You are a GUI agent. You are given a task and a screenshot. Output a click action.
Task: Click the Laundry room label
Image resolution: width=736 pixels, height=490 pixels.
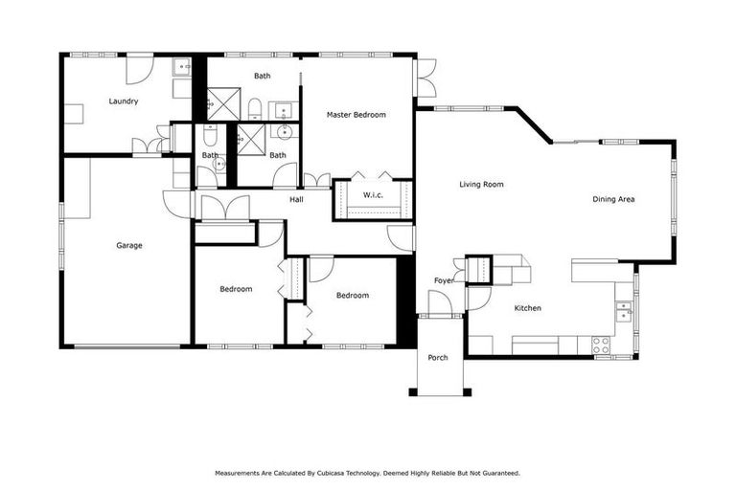[125, 100]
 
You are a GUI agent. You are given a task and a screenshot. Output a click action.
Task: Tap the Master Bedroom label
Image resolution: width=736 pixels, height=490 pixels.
[356, 115]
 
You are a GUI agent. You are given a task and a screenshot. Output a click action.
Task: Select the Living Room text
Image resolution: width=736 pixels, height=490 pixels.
[481, 184]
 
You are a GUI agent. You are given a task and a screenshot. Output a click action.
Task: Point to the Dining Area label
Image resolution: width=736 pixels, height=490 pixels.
[613, 199]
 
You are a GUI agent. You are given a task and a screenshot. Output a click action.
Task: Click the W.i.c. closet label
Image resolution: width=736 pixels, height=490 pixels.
[373, 195]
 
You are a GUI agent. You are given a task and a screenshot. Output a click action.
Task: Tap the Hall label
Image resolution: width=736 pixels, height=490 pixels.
[297, 200]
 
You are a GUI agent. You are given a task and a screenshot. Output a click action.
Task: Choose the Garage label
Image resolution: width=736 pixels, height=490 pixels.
[129, 246]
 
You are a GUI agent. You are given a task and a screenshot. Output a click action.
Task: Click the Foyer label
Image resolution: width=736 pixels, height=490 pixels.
[444, 280]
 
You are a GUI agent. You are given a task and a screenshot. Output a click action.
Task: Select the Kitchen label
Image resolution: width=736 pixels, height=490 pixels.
[528, 308]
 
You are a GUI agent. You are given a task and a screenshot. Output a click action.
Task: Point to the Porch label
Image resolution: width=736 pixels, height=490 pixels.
[438, 357]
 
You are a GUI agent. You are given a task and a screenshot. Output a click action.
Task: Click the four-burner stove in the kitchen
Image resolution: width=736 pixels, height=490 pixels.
[601, 345]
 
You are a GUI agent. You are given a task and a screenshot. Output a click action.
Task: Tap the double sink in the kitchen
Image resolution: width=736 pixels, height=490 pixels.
[624, 311]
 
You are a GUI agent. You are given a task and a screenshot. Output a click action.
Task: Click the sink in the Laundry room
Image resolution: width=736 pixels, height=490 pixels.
[181, 67]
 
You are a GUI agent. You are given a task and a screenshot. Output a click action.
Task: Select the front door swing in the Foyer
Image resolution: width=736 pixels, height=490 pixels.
[440, 303]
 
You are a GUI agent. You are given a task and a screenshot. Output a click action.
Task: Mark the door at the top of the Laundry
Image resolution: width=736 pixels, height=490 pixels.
[139, 67]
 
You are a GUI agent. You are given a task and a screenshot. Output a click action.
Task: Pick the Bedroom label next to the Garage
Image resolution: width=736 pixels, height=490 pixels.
[236, 289]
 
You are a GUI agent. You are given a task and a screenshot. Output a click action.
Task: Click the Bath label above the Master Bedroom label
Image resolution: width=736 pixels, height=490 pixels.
[263, 76]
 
